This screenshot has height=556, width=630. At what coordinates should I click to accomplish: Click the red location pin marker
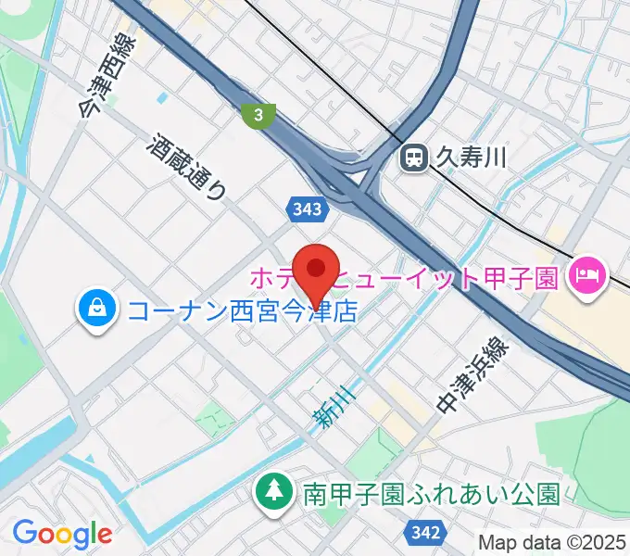tap(317, 270)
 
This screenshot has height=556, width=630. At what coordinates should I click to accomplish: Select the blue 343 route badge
tap(306, 209)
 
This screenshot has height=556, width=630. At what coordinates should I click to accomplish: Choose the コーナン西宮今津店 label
tap(242, 310)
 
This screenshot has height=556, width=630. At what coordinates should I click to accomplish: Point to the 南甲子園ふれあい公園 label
tap(432, 492)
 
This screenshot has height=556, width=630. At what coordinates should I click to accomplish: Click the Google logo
tap(62, 533)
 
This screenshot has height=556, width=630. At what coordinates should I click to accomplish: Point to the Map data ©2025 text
tap(552, 542)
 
